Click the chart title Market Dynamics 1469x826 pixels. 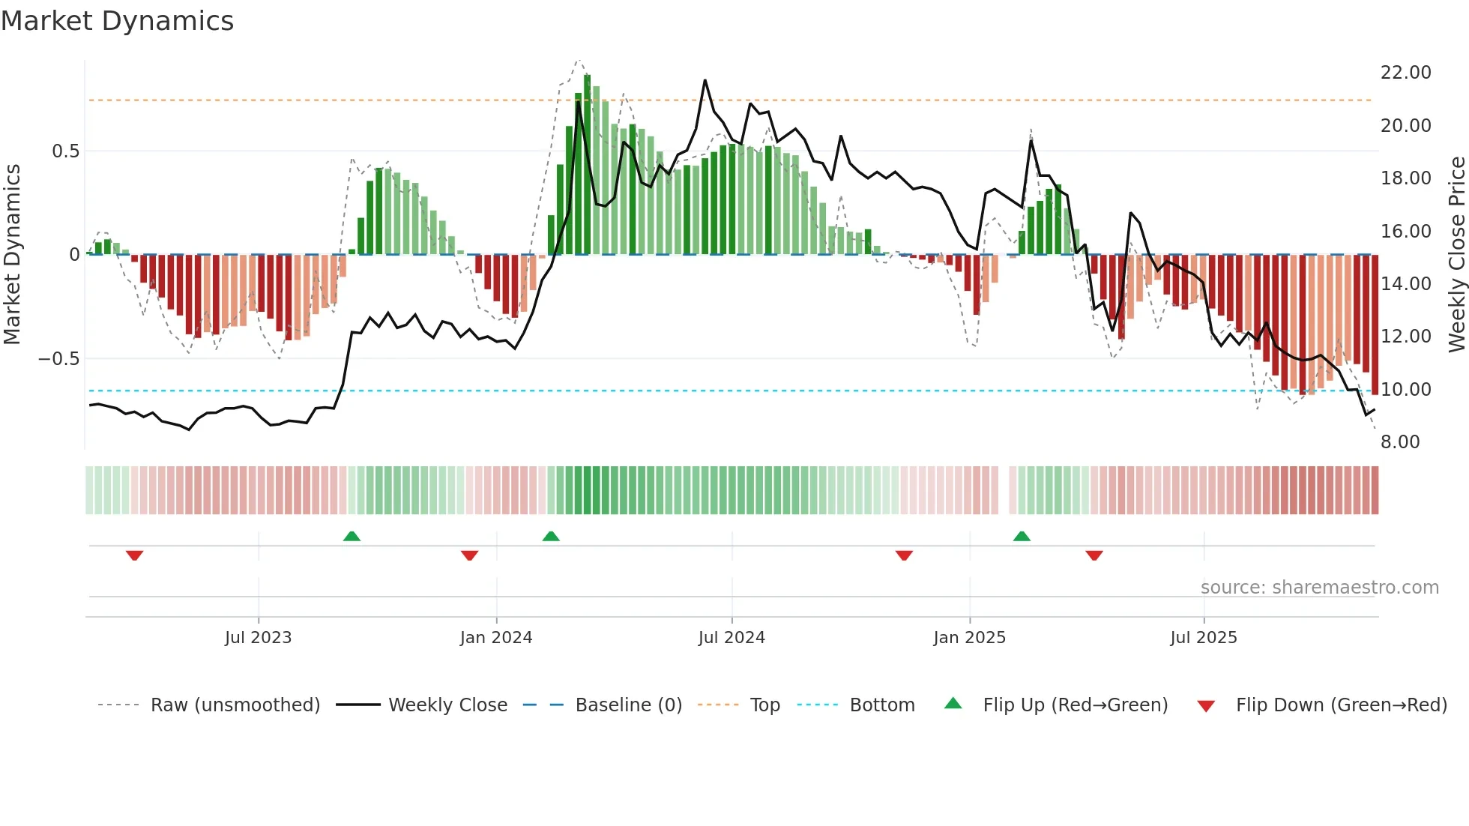click(x=118, y=21)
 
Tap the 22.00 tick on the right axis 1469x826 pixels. click(x=1405, y=73)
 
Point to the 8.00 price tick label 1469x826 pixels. click(x=1400, y=442)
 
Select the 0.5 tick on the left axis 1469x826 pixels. click(x=65, y=151)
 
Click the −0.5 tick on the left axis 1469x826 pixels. click(x=58, y=359)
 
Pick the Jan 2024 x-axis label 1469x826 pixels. click(x=496, y=638)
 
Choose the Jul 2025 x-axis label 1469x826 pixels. click(x=1204, y=638)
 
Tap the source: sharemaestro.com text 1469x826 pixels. click(x=1319, y=588)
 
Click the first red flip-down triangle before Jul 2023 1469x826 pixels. click(x=135, y=555)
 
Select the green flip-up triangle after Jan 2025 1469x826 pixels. click(x=1022, y=536)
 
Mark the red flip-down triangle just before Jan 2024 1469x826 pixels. click(x=470, y=555)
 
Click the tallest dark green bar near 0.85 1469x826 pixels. click(x=588, y=165)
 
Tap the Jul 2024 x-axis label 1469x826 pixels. click(x=732, y=638)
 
